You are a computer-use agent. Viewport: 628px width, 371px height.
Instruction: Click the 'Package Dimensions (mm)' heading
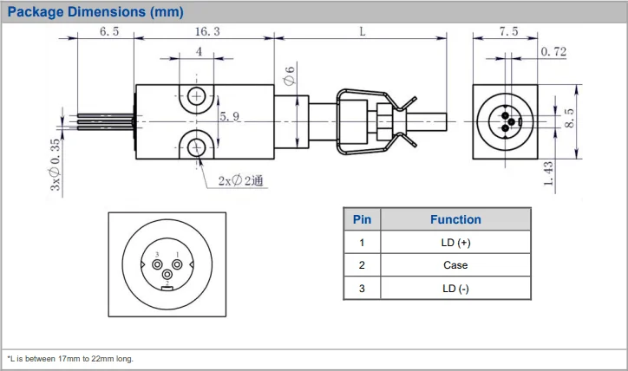coord(95,11)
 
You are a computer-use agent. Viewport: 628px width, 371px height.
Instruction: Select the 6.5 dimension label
coord(109,31)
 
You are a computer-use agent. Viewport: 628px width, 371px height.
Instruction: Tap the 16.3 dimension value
coord(207,31)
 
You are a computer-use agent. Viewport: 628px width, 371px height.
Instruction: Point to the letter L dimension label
coord(363,31)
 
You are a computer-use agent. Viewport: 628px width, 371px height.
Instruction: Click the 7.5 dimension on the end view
coord(508,31)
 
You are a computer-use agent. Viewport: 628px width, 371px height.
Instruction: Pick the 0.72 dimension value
coord(553,52)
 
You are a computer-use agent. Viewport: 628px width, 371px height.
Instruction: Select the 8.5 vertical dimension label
coord(569,118)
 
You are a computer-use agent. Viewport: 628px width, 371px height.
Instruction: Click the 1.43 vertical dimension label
coord(548,173)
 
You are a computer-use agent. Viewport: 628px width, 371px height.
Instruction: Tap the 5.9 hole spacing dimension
coord(230,116)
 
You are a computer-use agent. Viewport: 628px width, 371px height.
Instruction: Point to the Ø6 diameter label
coord(289,75)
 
